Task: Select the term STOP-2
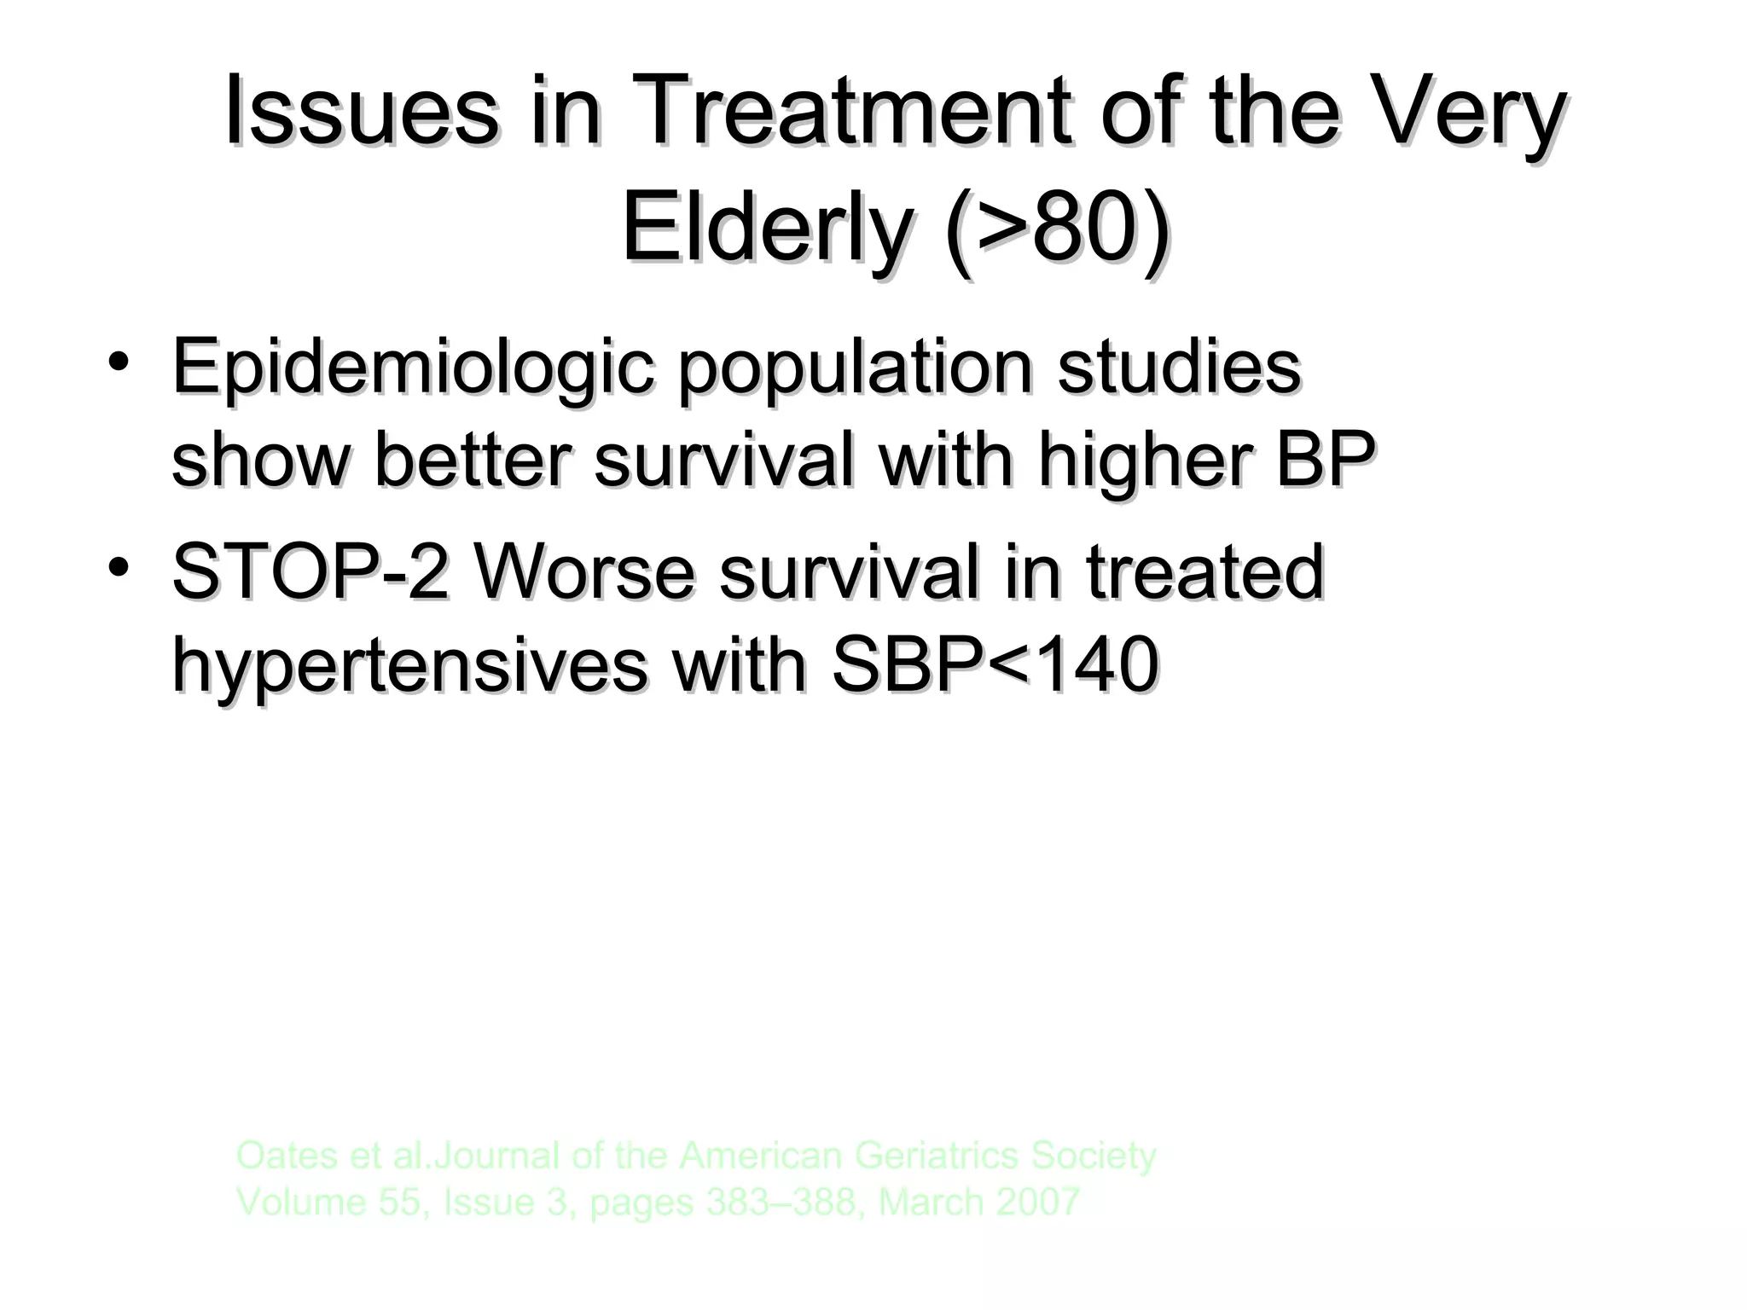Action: [x=310, y=571]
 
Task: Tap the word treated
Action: [x=1204, y=571]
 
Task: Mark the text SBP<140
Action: [x=995, y=665]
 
